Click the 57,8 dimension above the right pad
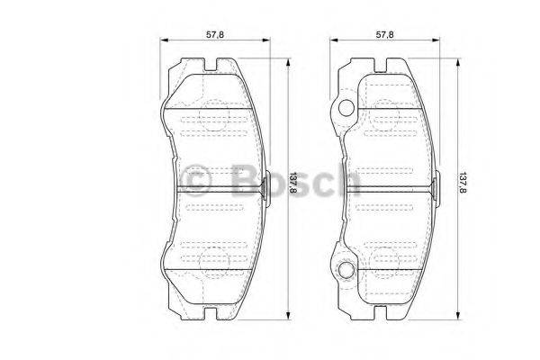pos(385,35)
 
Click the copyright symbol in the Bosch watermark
pos(197,179)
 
